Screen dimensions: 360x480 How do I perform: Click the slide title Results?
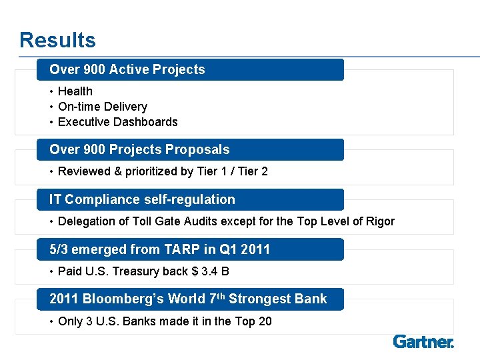57,40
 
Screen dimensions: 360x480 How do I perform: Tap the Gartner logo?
423,342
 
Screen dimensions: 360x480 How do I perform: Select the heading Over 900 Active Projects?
127,69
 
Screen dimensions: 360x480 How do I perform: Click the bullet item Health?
75,91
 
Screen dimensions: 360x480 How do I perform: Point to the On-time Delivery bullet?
103,107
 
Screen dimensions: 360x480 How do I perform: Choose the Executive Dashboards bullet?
118,122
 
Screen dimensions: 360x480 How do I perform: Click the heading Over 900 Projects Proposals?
139,150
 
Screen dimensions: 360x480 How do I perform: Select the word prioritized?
163,171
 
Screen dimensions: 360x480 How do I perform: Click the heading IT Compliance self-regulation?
142,199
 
